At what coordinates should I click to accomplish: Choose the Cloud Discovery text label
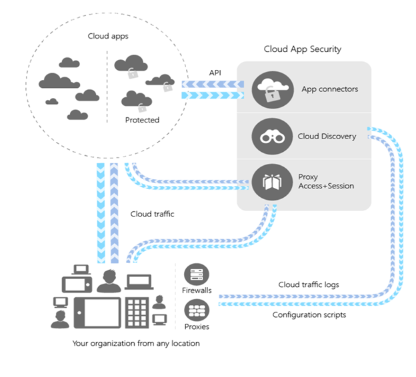point(327,137)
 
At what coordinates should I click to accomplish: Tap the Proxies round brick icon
point(197,309)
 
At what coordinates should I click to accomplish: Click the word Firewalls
point(197,291)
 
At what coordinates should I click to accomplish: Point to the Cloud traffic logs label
point(309,284)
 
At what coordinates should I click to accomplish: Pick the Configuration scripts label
point(309,314)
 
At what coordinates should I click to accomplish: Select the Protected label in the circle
point(142,120)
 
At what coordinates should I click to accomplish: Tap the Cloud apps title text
point(107,36)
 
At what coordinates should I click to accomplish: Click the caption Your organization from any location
point(136,344)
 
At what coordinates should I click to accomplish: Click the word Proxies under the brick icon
point(197,326)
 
